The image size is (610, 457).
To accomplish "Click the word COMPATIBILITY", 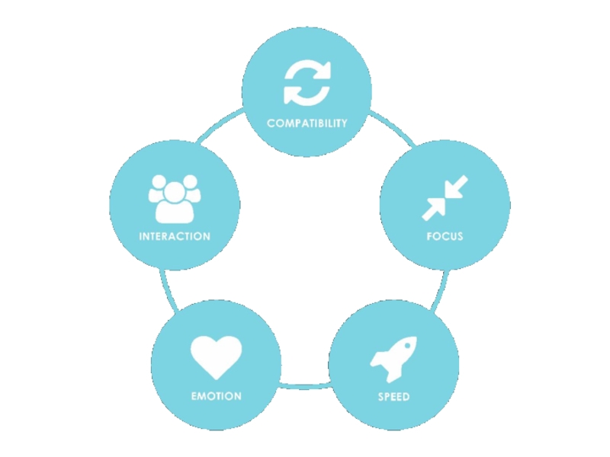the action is pos(307,123).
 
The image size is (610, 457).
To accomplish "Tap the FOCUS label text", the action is pos(445,236).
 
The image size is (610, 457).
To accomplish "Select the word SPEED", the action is pos(393,397).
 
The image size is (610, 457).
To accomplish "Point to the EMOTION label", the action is pos(216,396).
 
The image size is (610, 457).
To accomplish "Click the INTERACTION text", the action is pos(175,236).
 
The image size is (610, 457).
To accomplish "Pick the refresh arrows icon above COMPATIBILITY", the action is pos(307,82).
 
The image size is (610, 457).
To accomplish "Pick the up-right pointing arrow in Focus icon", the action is pos(435,207).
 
